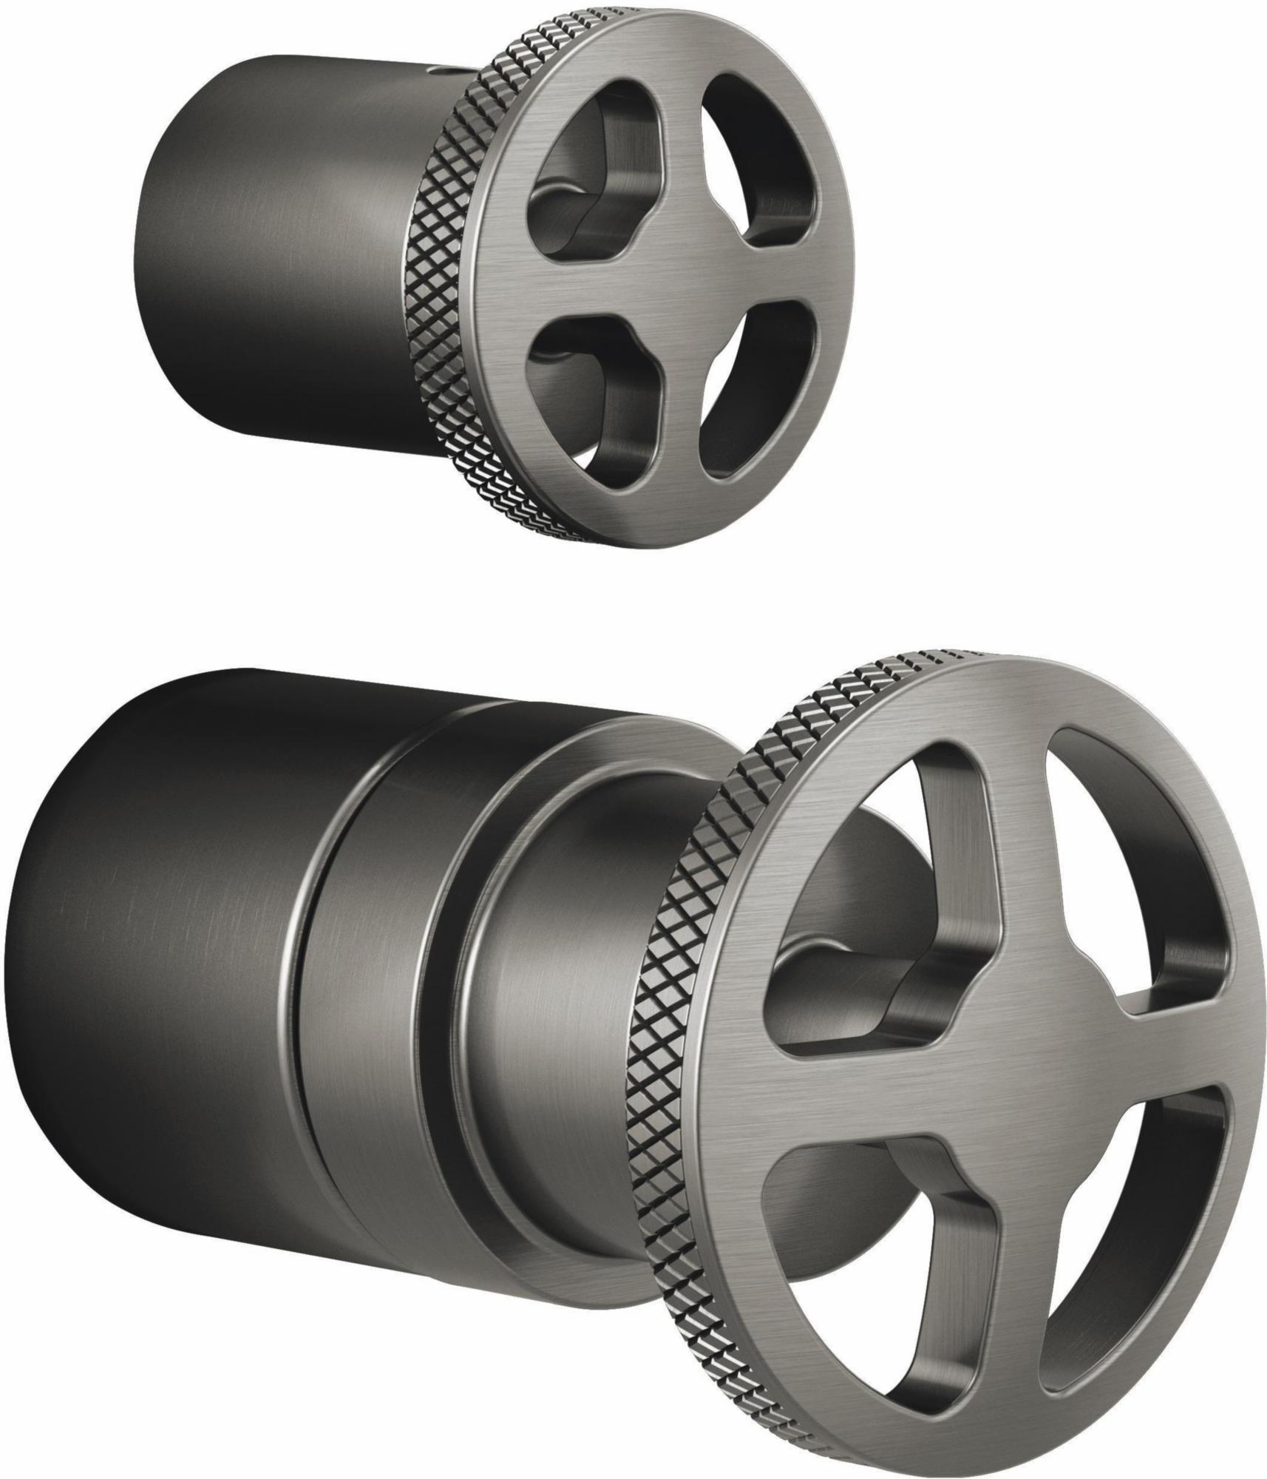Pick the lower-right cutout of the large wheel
(x=1131, y=1213)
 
